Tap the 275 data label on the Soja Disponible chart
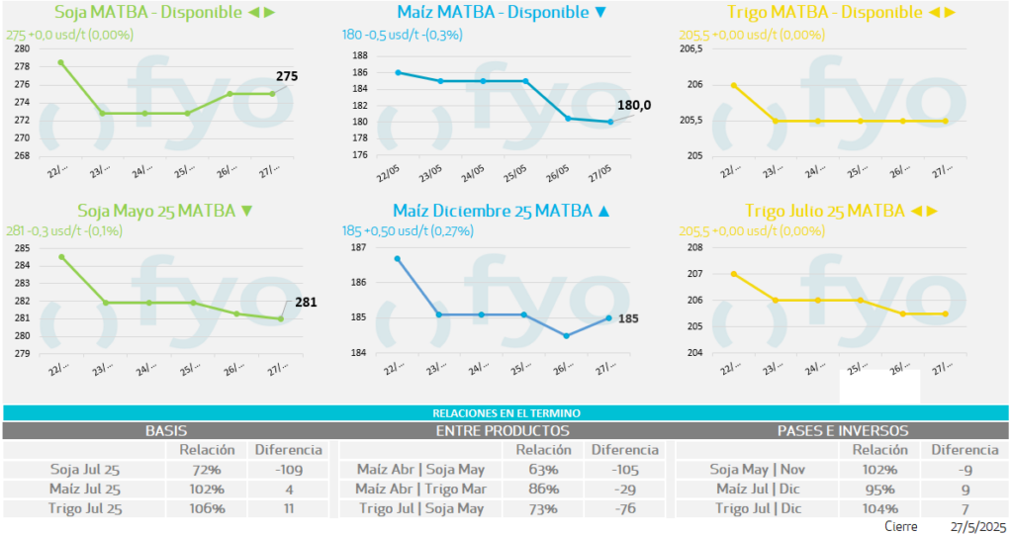tap(287, 76)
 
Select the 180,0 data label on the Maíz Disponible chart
tap(634, 106)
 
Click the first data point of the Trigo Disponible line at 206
tap(733, 85)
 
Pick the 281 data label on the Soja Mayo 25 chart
tap(306, 303)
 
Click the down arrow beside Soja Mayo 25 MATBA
tap(247, 211)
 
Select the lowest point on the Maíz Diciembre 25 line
tap(566, 336)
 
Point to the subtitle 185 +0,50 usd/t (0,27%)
tap(408, 231)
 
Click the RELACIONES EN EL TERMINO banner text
tap(506, 412)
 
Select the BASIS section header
tap(166, 431)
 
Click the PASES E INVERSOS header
tap(843, 431)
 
